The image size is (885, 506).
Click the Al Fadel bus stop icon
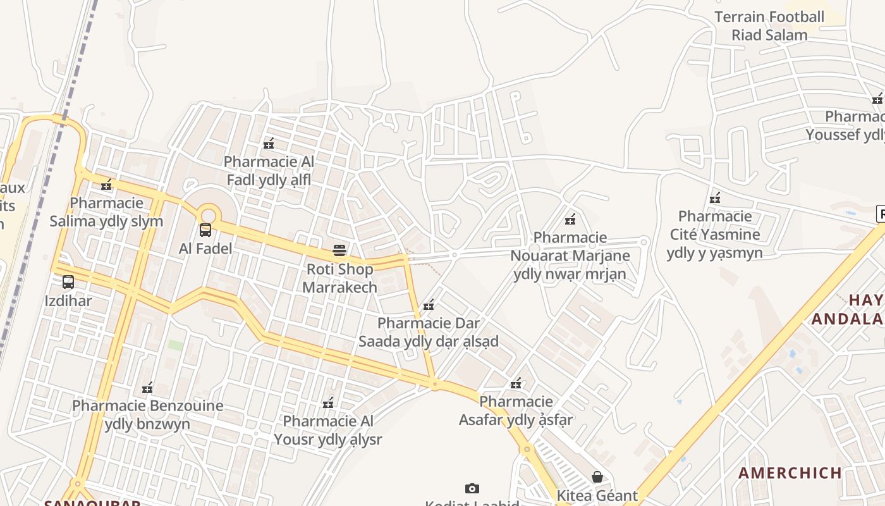(x=205, y=230)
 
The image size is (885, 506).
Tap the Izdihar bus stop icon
(x=68, y=282)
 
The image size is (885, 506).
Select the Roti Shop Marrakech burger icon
(x=339, y=250)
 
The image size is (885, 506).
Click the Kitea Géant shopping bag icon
(x=597, y=477)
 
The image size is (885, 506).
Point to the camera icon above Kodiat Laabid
(x=472, y=488)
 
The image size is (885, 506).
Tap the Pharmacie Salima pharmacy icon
(x=106, y=185)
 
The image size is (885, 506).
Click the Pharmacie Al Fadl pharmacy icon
(x=269, y=144)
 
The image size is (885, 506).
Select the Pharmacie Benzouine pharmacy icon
(x=147, y=388)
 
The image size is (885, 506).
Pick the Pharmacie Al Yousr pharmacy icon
(x=327, y=403)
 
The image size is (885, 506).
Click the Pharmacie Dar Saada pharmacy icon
(x=428, y=305)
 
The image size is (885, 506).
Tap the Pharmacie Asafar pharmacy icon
(x=516, y=383)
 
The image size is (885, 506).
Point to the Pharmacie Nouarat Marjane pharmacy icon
(x=570, y=219)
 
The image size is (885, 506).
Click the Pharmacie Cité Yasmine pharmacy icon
(x=715, y=198)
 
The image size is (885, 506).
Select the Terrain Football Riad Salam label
(x=769, y=26)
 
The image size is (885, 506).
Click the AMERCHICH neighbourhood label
(x=790, y=473)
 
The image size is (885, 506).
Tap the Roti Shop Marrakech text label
(x=339, y=278)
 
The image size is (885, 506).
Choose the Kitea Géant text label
(x=597, y=495)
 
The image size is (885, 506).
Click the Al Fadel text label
(x=205, y=249)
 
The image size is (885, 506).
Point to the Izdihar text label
(x=68, y=301)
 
